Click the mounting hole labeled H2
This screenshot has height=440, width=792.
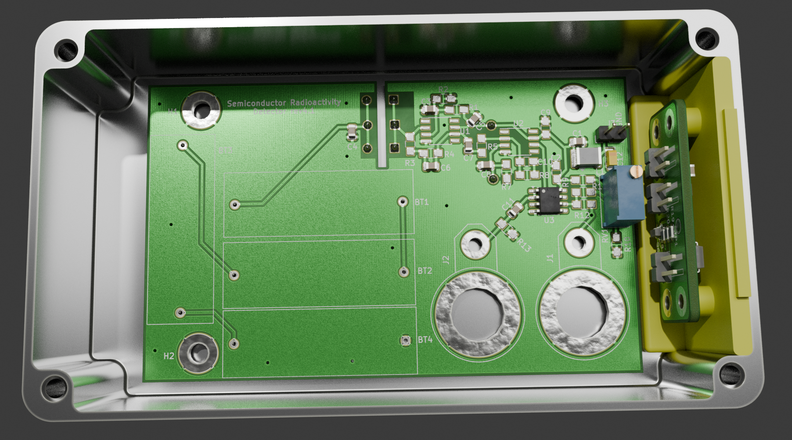(x=199, y=353)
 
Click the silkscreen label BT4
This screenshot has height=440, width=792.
(x=425, y=340)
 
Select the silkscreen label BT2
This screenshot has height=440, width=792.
(x=425, y=271)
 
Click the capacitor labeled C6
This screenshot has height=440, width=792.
(x=431, y=166)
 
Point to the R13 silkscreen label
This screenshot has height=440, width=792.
(x=524, y=246)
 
